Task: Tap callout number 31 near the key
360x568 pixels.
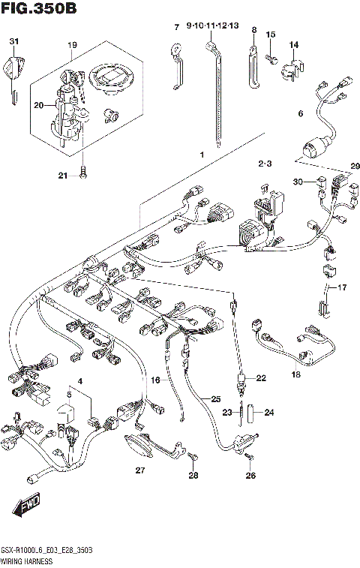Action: pyautogui.click(x=13, y=41)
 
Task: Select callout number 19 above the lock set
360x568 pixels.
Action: pyautogui.click(x=72, y=46)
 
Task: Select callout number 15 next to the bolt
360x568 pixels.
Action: pyautogui.click(x=271, y=35)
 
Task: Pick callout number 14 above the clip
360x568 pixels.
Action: pyautogui.click(x=294, y=45)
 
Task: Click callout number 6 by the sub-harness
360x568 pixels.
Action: pyautogui.click(x=300, y=114)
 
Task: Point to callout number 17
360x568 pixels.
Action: pyautogui.click(x=343, y=287)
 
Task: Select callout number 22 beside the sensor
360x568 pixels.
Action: pyautogui.click(x=261, y=378)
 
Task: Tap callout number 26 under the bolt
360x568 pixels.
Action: pyautogui.click(x=250, y=474)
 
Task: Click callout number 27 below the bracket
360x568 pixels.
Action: pyautogui.click(x=139, y=470)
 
